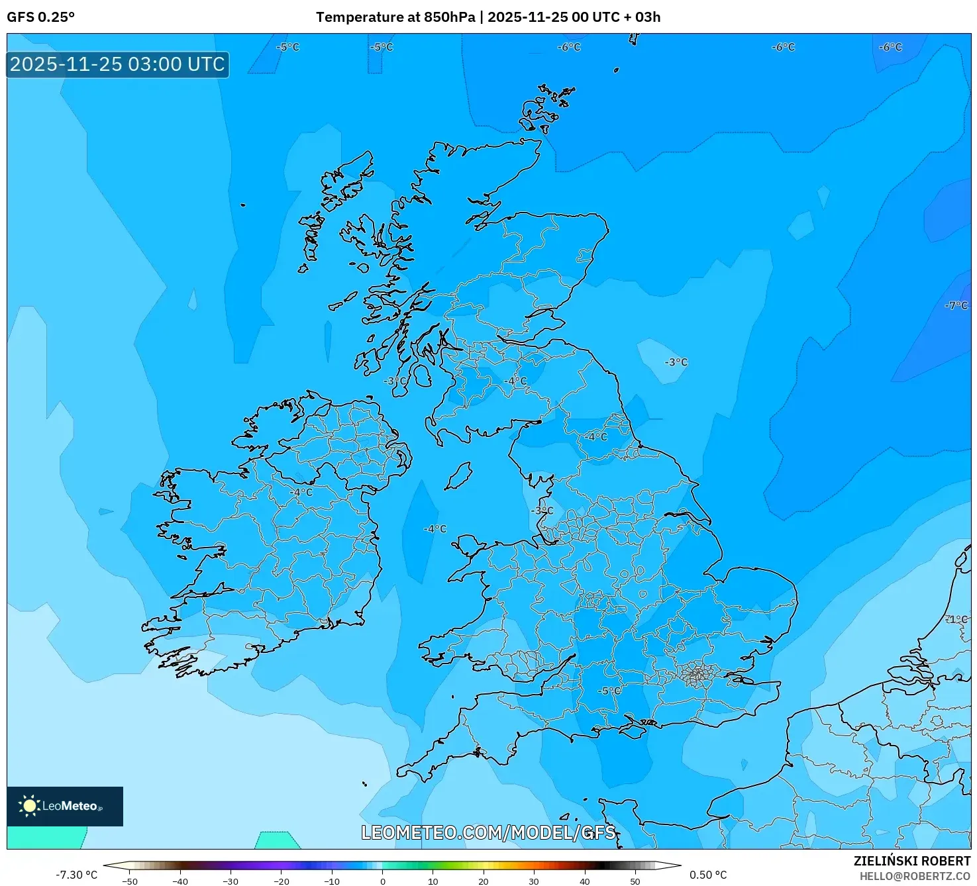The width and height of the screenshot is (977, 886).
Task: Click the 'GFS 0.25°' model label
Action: coord(40,17)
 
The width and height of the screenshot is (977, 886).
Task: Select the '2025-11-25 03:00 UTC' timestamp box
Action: coord(118,65)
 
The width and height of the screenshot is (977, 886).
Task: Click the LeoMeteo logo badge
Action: coord(65,806)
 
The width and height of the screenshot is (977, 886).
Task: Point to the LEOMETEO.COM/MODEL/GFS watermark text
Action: coord(488,832)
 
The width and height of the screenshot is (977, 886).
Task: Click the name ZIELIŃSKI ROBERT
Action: coord(911,861)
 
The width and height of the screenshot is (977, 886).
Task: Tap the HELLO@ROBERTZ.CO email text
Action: coord(915,876)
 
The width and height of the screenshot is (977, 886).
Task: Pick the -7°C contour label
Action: coord(956,305)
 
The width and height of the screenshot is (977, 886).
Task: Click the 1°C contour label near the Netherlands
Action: coord(956,619)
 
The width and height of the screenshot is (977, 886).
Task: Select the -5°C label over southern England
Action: coord(610,691)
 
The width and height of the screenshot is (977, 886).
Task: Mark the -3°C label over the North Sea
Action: coord(676,362)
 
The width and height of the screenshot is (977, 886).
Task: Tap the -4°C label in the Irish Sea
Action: coord(435,528)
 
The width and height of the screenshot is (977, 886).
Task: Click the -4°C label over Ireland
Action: coord(301,492)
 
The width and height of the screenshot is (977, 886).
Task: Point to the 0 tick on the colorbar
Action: coord(382,881)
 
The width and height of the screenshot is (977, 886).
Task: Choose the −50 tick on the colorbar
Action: coord(130,881)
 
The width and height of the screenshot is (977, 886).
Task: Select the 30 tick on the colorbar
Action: coord(534,881)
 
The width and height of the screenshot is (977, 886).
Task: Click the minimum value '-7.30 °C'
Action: coord(76,875)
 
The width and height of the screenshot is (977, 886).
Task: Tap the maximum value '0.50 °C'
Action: coord(708,875)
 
